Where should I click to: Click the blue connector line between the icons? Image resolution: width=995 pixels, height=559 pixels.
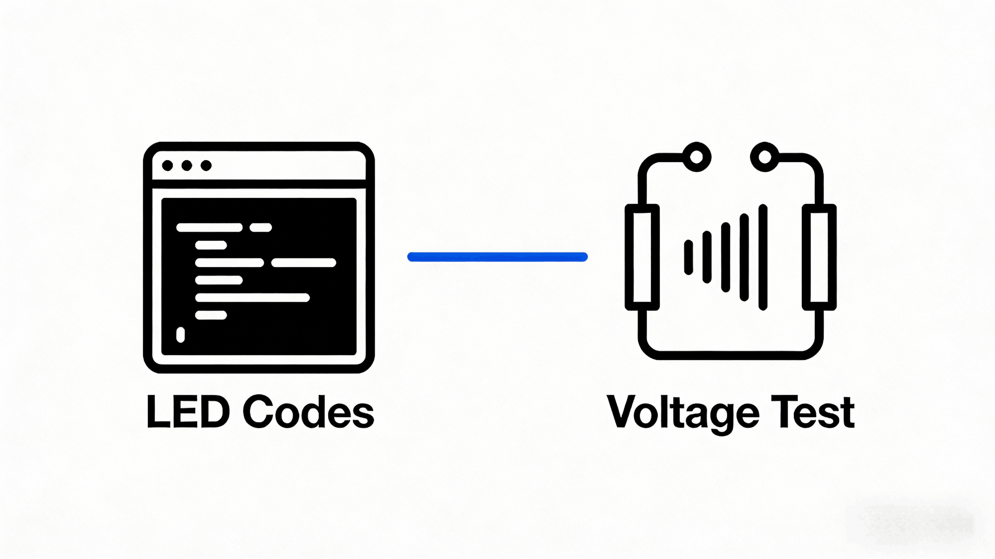[497, 257]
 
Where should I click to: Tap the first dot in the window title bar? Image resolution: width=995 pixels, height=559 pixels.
[167, 166]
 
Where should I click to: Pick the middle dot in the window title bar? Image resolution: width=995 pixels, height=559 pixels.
[187, 166]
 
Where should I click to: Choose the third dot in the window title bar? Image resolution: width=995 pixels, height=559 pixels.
[206, 166]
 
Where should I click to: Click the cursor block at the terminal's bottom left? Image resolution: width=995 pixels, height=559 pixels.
[180, 335]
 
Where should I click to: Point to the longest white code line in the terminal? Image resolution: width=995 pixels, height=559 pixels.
[253, 298]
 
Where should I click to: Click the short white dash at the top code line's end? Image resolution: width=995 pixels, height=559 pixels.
[261, 227]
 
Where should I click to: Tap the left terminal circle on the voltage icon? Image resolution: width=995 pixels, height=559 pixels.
[696, 157]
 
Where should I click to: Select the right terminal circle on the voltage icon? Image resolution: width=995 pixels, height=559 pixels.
[765, 157]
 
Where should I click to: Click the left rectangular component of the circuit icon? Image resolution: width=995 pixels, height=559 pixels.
[642, 257]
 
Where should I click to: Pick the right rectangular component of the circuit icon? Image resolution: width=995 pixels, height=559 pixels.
[819, 257]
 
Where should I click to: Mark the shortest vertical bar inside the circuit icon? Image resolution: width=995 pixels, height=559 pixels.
[688, 257]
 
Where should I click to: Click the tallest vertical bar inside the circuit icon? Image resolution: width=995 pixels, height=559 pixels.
[763, 257]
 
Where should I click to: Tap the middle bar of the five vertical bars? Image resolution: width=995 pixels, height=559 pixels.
[726, 257]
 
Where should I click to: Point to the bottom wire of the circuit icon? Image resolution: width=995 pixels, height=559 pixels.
[730, 355]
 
